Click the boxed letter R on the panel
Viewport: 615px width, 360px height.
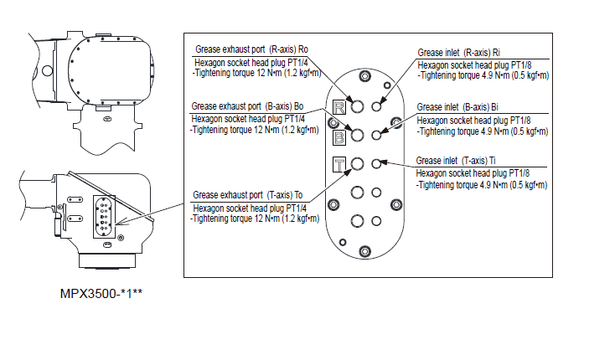click(x=339, y=107)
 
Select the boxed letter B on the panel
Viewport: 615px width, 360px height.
click(x=339, y=136)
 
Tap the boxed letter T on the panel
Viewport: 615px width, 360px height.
click(x=339, y=164)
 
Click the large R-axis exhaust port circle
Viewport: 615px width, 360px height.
click(x=358, y=107)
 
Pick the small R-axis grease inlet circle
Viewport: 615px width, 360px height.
click(x=377, y=106)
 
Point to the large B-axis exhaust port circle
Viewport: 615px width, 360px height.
click(x=358, y=135)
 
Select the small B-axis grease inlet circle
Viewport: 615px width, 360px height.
click(x=377, y=134)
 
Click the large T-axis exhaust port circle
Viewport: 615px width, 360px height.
click(x=358, y=163)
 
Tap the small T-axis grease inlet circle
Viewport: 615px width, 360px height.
click(x=377, y=162)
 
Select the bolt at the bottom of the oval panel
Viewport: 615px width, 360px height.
click(x=365, y=249)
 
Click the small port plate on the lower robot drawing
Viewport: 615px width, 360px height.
click(x=101, y=213)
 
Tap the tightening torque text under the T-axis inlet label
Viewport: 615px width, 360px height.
click(x=481, y=185)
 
